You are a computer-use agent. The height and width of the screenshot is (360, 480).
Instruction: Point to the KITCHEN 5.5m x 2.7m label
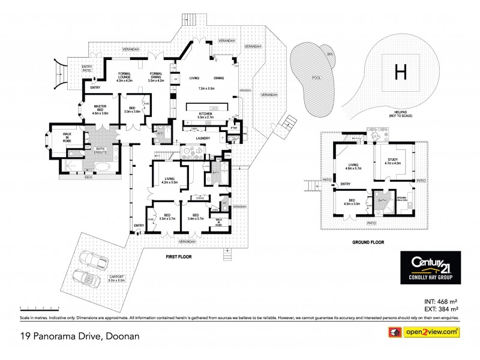pyautogui.click(x=206, y=116)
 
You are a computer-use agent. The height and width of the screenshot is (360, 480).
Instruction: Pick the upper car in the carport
pyautogui.click(x=95, y=259)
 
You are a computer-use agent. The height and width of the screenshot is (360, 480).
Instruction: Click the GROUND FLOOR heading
pyautogui.click(x=368, y=242)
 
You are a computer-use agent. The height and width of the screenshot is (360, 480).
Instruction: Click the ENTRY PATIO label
pyautogui.click(x=71, y=68)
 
